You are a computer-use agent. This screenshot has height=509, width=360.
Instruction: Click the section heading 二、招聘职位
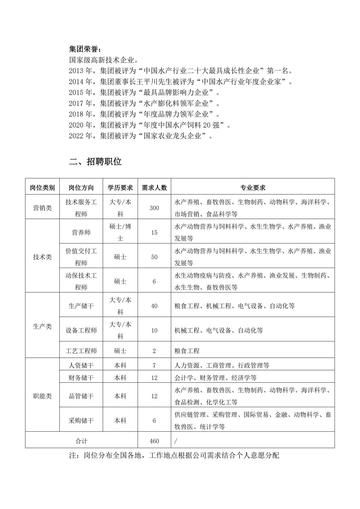(95, 162)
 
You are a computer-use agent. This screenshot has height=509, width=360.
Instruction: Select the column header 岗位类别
(42, 187)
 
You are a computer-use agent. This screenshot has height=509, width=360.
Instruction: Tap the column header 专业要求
(252, 187)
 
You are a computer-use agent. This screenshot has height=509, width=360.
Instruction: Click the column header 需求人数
(154, 187)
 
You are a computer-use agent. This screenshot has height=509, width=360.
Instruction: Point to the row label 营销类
(42, 208)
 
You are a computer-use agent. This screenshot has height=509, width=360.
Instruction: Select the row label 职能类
(42, 396)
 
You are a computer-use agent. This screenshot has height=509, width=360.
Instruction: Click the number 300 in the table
(154, 208)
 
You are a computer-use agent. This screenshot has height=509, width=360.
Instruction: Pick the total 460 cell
(154, 441)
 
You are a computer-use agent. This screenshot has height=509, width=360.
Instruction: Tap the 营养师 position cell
(81, 233)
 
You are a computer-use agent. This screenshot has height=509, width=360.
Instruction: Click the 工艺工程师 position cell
(81, 351)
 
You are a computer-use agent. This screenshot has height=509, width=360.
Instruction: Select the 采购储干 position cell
(81, 421)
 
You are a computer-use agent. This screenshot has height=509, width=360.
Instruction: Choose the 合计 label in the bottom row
(81, 441)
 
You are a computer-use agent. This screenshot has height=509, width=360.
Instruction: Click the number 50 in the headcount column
(154, 257)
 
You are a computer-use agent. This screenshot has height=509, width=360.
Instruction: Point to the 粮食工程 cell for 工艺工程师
(187, 351)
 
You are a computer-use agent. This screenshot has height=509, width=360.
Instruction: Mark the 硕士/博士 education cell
(120, 233)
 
